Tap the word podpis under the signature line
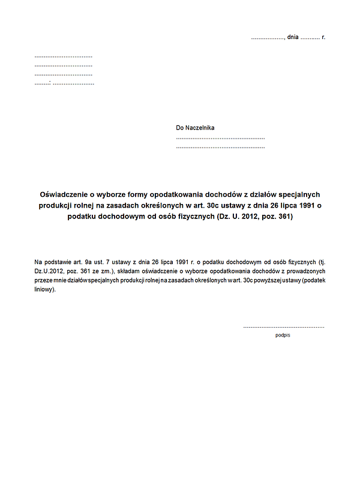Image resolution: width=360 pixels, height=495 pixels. click(283, 335)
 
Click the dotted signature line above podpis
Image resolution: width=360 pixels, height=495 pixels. click(283, 327)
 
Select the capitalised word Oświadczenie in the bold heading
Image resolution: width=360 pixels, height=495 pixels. click(64, 194)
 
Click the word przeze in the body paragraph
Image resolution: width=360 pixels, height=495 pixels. click(44, 280)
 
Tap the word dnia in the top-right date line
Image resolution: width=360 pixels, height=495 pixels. click(292, 37)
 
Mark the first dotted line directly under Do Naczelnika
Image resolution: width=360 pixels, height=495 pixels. click(220, 138)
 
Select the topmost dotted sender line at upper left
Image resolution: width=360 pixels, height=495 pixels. click(63, 56)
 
